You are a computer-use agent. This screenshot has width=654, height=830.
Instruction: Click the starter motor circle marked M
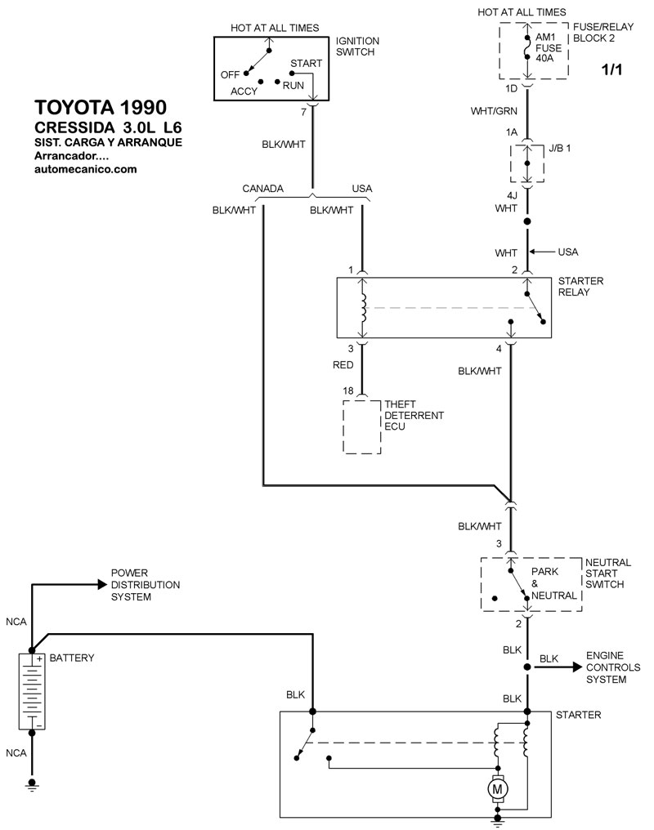click(x=497, y=789)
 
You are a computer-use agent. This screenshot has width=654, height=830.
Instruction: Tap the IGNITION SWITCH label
click(x=358, y=47)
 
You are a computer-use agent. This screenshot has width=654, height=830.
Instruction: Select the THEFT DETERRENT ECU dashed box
click(x=361, y=426)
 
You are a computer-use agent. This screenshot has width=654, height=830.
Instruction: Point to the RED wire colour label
click(x=343, y=366)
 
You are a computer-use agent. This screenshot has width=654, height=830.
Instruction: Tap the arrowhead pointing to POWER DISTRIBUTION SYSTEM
click(x=101, y=584)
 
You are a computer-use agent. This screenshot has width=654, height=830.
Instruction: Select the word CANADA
click(x=263, y=189)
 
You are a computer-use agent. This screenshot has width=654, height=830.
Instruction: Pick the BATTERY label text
click(x=72, y=658)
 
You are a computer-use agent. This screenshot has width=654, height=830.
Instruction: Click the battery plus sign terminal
click(x=38, y=658)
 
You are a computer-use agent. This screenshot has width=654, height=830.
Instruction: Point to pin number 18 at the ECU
click(x=348, y=391)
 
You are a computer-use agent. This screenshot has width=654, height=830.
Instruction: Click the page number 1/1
click(x=611, y=70)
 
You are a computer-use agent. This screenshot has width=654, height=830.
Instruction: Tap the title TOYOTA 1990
click(x=100, y=108)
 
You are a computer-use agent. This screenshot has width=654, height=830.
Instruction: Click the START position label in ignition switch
click(x=305, y=63)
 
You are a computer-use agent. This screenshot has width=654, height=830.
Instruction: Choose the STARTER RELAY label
click(x=580, y=287)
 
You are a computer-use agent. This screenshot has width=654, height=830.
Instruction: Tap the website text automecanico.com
click(x=86, y=169)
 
